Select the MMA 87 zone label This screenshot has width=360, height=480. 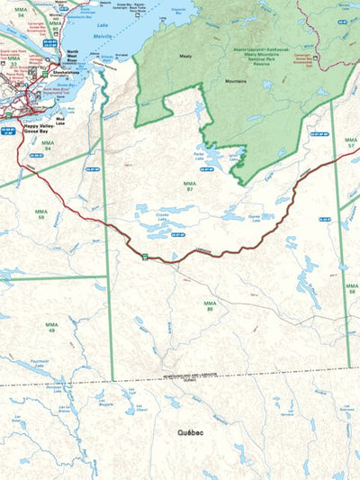[188, 186]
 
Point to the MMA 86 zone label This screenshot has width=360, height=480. [209, 305]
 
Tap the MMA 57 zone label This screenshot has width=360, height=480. [351, 142]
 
